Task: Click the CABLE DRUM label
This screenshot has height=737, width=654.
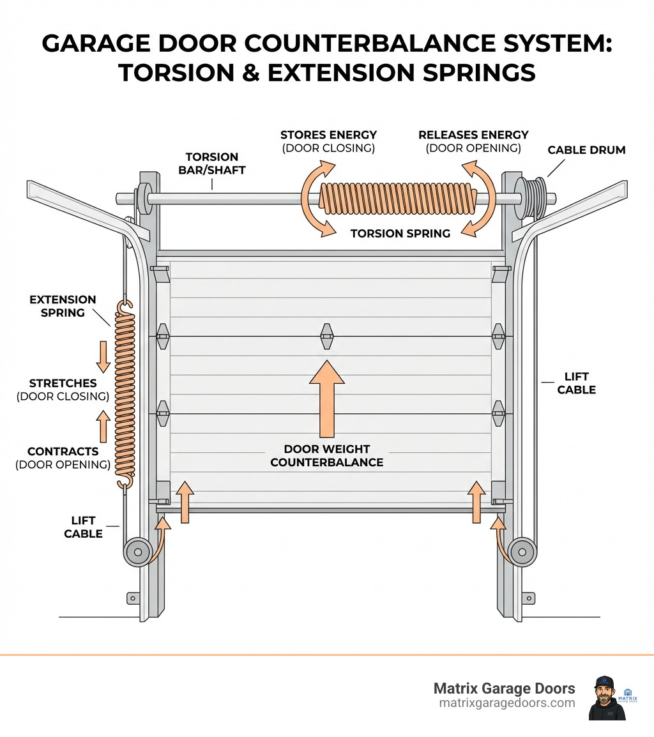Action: [586, 150]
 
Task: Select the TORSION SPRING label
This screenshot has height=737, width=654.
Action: [400, 234]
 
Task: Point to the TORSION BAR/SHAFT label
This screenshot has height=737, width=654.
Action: [212, 163]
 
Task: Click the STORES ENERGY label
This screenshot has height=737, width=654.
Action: [328, 135]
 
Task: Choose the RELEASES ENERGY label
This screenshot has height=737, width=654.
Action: [473, 135]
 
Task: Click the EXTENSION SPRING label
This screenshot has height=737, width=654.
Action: [63, 306]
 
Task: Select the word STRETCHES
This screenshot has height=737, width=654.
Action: [63, 383]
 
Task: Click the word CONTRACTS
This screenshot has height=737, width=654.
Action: [63, 451]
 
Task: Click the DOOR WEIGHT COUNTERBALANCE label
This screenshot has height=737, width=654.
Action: [327, 455]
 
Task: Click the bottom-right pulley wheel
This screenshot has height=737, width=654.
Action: [522, 550]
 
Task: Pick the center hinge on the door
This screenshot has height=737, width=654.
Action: [327, 336]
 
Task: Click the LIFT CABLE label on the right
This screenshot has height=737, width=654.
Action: [576, 383]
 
